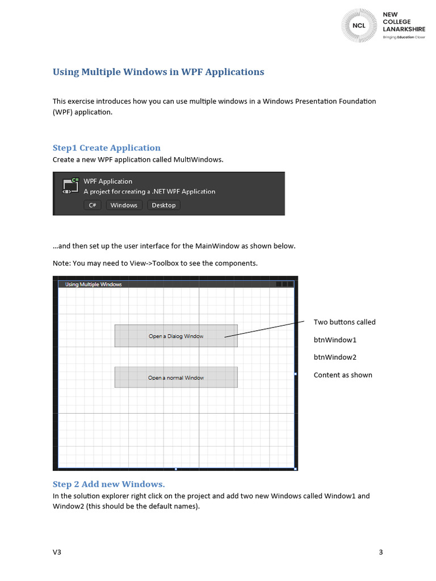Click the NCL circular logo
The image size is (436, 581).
pyautogui.click(x=359, y=26)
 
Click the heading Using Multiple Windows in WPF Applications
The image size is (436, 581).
pyautogui.click(x=158, y=72)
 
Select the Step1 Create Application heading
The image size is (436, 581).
pyautogui.click(x=107, y=148)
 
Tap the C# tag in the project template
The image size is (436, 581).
pyautogui.click(x=93, y=205)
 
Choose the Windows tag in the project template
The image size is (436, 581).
pyautogui.click(x=124, y=205)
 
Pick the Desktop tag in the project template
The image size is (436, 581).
pyautogui.click(x=163, y=205)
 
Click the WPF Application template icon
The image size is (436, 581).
pyautogui.click(x=70, y=186)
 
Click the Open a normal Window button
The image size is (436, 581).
pyautogui.click(x=176, y=377)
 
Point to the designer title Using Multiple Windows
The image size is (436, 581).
pyautogui.click(x=94, y=284)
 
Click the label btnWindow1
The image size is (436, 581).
pyautogui.click(x=335, y=340)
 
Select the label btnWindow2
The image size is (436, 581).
pyautogui.click(x=335, y=357)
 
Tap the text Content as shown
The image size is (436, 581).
pyautogui.click(x=343, y=375)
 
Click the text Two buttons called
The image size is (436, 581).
pyautogui.click(x=345, y=322)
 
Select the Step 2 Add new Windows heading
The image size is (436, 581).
pyautogui.click(x=108, y=484)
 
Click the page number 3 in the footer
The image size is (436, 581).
pyautogui.click(x=381, y=552)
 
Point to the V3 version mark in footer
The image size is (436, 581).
pyautogui.click(x=57, y=552)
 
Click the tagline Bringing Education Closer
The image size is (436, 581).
pyautogui.click(x=404, y=37)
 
